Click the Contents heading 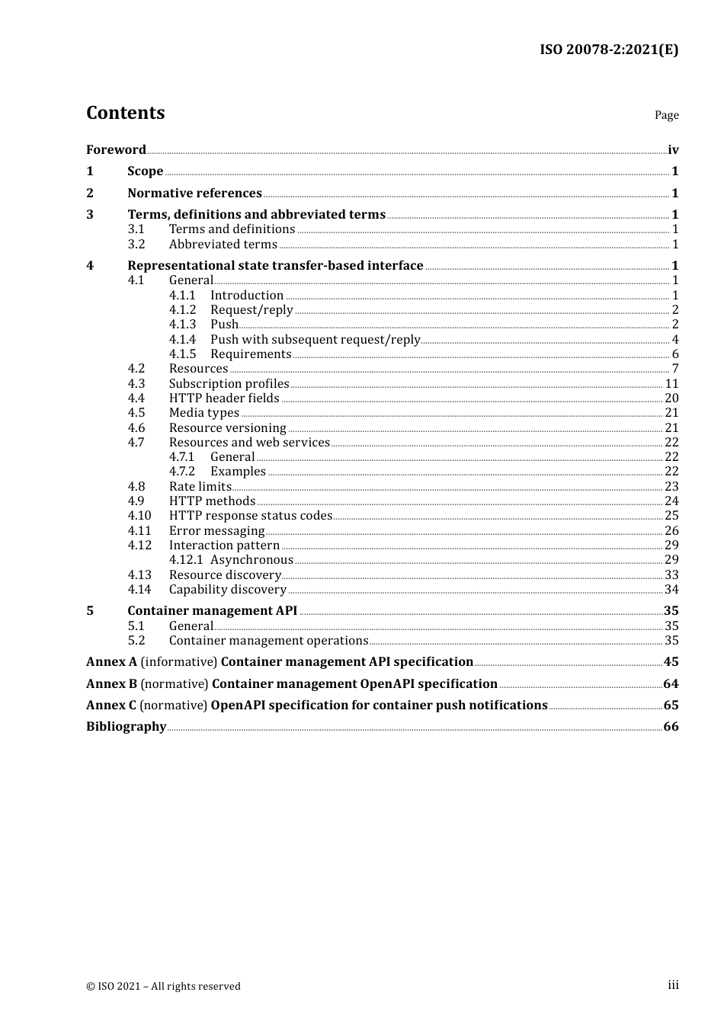[x=125, y=113]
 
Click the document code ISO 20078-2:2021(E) [x=609, y=50]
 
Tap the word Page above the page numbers [x=666, y=115]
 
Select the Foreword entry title [x=116, y=150]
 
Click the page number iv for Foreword [x=673, y=150]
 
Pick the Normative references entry [x=194, y=194]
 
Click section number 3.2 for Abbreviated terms [x=136, y=245]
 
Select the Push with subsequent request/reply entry [x=315, y=340]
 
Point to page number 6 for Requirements [x=675, y=354]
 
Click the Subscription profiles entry [x=229, y=384]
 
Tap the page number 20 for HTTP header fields [x=671, y=398]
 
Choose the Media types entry [x=203, y=413]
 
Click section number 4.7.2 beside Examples [x=182, y=472]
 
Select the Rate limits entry [x=200, y=487]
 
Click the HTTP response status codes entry [x=250, y=516]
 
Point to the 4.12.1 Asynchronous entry [x=231, y=560]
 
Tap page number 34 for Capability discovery [x=671, y=590]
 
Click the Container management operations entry [x=268, y=641]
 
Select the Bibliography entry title [x=126, y=727]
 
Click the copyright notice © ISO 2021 [x=163, y=986]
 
